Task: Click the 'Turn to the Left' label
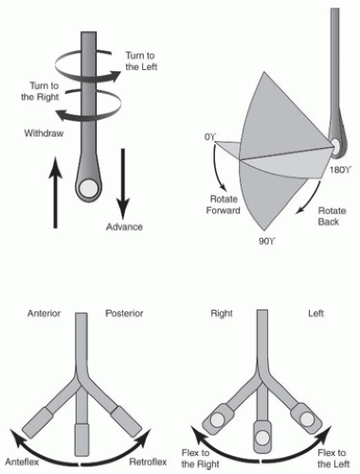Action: tap(141, 61)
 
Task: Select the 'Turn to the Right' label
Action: tap(41, 91)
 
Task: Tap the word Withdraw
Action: tap(44, 133)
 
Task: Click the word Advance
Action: tap(124, 227)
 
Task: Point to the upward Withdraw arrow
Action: tap(56, 191)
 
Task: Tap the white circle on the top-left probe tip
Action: tap(88, 189)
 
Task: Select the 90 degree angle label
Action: tap(267, 242)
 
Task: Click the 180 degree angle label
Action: tap(341, 170)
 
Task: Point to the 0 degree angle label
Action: tap(210, 137)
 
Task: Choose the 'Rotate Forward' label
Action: tap(224, 205)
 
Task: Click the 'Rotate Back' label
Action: tap(332, 216)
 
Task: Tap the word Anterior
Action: tap(44, 313)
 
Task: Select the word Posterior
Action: tap(124, 313)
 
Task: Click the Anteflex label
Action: tap(22, 462)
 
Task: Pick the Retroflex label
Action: tap(148, 462)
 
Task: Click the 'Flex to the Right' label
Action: tap(200, 459)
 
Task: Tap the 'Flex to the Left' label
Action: tap(333, 459)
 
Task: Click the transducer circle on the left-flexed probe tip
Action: tap(307, 419)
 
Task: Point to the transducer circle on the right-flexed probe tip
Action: tap(217, 420)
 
